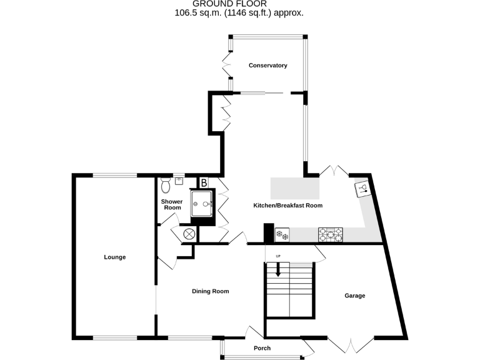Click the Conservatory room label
[267, 66]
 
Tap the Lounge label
[115, 257]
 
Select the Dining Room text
[210, 291]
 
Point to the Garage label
[354, 296]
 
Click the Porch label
[262, 348]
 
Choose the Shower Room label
[171, 204]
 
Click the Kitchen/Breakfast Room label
[287, 206]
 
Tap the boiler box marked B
[204, 182]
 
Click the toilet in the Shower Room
[166, 185]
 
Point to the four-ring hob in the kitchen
[331, 234]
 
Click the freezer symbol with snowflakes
[282, 235]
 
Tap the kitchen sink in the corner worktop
[363, 187]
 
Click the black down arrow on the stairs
[278, 269]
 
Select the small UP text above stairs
[278, 256]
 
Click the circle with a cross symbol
[188, 234]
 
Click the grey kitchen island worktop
[294, 187]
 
